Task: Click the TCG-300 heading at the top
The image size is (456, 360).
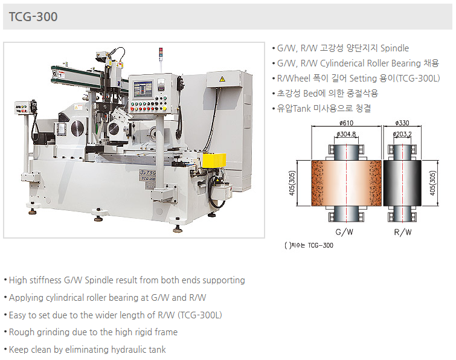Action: coord(33,16)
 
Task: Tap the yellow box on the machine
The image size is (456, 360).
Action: coord(214,160)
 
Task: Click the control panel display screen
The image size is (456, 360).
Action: coord(143,89)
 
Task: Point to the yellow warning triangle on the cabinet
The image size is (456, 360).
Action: coord(222,79)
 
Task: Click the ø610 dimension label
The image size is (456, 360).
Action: coord(346,123)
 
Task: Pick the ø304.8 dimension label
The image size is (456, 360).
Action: coord(346,134)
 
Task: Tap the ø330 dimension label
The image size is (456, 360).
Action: coord(402,123)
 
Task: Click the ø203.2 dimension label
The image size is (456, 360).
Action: coord(402,134)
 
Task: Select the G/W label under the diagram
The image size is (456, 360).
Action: coord(344,232)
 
